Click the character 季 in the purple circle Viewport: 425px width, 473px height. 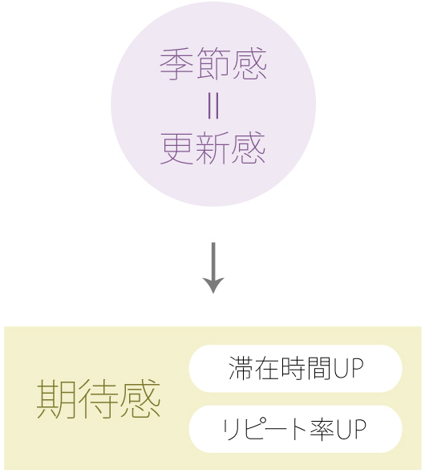point(176,64)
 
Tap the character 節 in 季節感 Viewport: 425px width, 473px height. point(213,64)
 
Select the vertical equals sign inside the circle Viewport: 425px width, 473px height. point(213,106)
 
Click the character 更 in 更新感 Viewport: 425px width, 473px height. point(176,148)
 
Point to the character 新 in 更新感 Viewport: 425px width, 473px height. point(213,148)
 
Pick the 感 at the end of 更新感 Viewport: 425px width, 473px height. point(249,148)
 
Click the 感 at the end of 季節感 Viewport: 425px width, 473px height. point(249,64)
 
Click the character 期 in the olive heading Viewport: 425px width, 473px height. point(56,398)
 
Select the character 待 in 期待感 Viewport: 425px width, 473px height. point(99,398)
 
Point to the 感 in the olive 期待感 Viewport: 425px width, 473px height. point(140,398)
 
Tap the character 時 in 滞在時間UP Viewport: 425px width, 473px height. point(293,368)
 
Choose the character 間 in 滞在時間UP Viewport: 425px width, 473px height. point(319,368)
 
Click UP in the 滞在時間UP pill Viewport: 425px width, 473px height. point(348,368)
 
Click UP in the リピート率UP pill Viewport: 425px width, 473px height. point(350,428)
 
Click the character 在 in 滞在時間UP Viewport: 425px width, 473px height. point(267,368)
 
